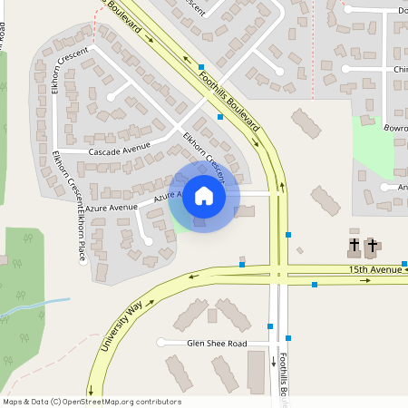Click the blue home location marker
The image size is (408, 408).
(204, 196)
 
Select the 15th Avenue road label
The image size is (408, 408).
(374, 269)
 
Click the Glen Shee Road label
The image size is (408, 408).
(216, 343)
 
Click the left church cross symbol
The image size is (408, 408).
(355, 245)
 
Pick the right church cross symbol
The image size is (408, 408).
(372, 245)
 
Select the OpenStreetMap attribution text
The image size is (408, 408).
(92, 401)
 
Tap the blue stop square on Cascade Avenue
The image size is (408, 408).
(220, 117)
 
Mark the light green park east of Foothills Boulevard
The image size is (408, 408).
(374, 145)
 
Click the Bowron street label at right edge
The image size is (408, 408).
(395, 129)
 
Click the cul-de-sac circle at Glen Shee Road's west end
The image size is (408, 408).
(161, 343)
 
